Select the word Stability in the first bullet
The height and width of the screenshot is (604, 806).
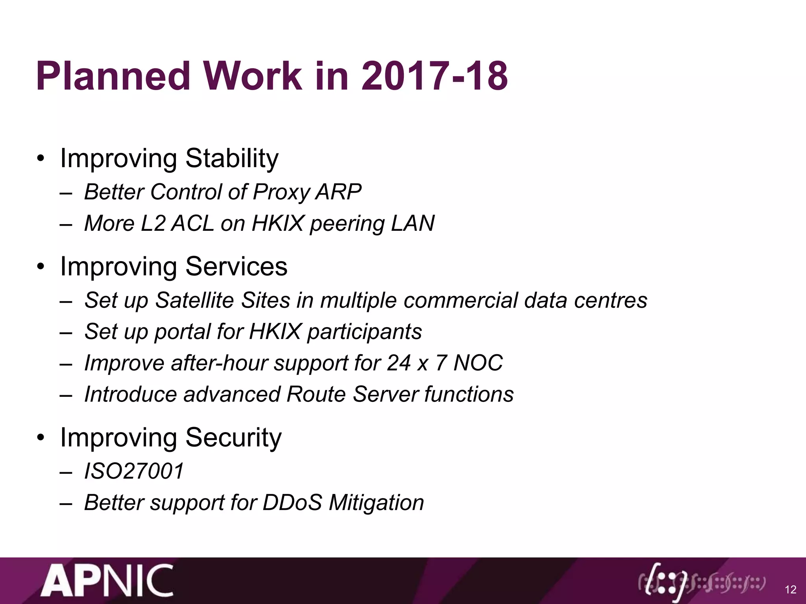pos(232,158)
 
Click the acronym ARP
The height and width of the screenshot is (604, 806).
pos(338,192)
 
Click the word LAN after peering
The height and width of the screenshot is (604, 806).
pos(412,223)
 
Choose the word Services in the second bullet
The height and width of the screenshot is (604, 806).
pos(236,267)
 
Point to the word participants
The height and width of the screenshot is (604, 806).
pos(364,332)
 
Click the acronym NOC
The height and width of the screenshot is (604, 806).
pos(478,363)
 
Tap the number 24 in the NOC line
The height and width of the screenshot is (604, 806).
pos(399,363)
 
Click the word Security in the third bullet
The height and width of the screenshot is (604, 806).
pos(233,438)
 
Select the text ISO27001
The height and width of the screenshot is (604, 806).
pos(134,471)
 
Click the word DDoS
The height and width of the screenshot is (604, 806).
pos(292,503)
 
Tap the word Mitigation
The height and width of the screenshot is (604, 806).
pos(376,503)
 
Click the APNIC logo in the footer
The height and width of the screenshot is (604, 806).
pos(107,581)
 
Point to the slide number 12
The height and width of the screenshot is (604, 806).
pos(790,589)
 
